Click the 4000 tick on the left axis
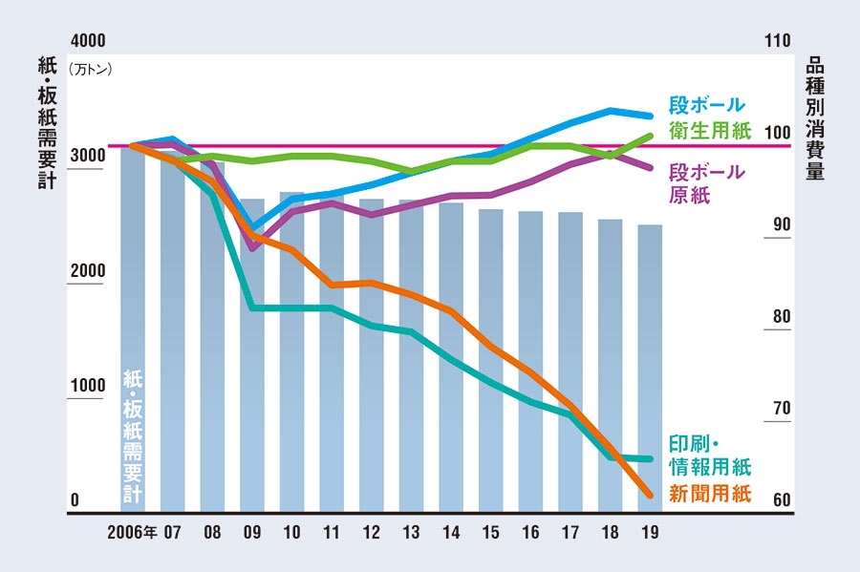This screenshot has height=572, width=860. tap(87, 42)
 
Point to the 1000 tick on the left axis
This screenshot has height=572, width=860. tap(87, 386)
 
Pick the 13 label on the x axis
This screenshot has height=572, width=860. tap(412, 531)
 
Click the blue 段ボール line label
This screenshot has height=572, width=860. tap(706, 105)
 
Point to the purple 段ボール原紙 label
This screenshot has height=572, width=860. tap(706, 183)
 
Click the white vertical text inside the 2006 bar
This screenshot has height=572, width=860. tap(133, 434)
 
